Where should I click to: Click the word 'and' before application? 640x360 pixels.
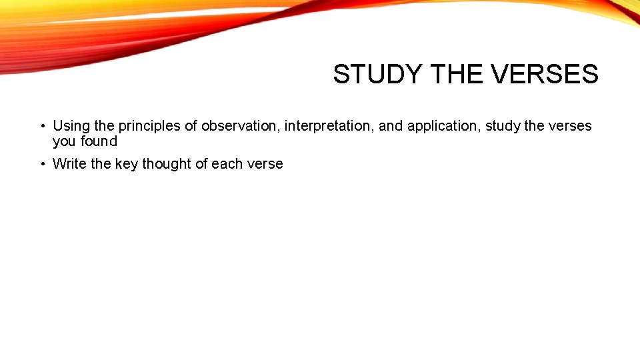[x=391, y=126]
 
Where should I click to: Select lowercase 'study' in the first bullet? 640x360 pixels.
[x=503, y=126]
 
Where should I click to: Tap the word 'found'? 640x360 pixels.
[x=99, y=141]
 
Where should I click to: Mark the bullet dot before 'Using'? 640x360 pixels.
[x=41, y=126]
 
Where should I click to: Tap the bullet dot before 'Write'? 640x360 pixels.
[x=41, y=164]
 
